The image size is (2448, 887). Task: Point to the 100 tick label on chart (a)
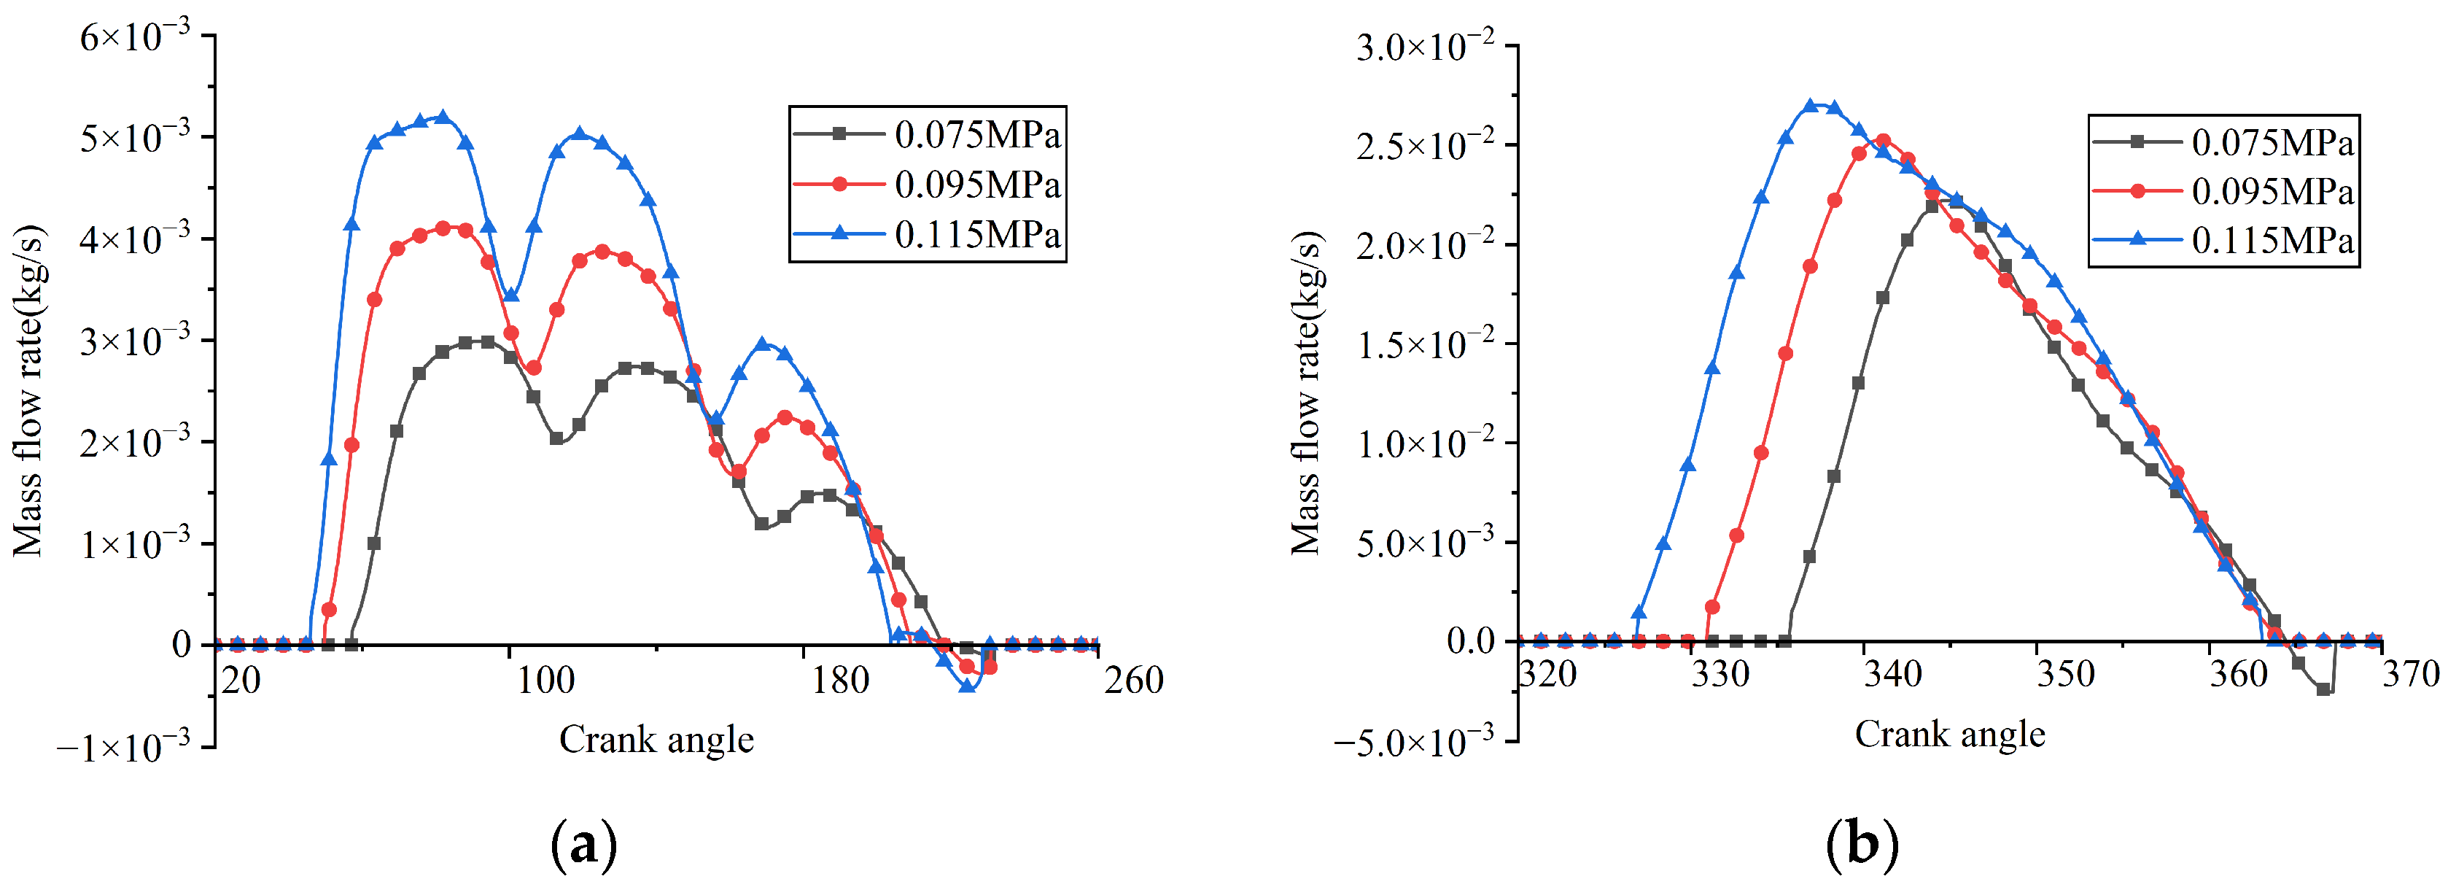(545, 681)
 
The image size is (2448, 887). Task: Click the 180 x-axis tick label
(839, 681)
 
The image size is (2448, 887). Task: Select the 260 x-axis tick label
(1132, 681)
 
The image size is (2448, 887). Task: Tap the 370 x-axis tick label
(2410, 674)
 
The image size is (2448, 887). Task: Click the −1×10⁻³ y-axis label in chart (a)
(123, 747)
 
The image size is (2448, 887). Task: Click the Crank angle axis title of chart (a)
(656, 740)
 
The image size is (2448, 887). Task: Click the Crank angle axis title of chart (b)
(1949, 734)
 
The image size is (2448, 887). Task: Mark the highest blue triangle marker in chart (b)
(1811, 106)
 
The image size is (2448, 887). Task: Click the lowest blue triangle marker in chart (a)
(968, 686)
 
